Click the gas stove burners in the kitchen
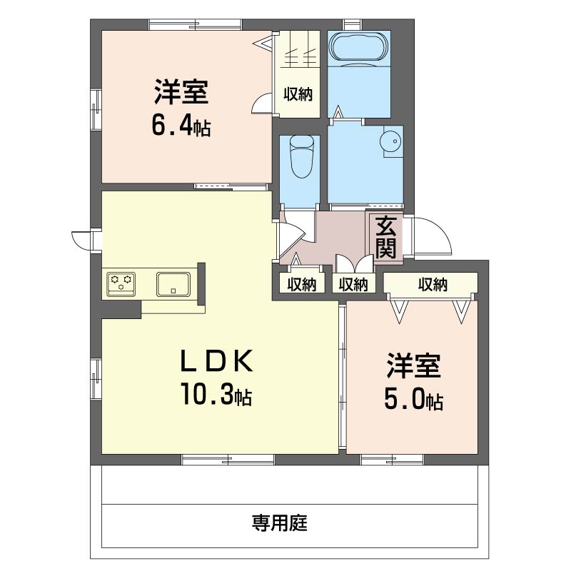pyautogui.click(x=121, y=283)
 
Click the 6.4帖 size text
pyautogui.click(x=180, y=126)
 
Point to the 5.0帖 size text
pyautogui.click(x=413, y=400)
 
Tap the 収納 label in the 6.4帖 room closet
pyautogui.click(x=298, y=94)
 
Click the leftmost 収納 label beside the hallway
pyautogui.click(x=301, y=285)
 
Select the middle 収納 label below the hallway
pyautogui.click(x=353, y=285)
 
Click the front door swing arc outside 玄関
pyautogui.click(x=433, y=237)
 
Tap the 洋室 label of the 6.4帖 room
pyautogui.click(x=181, y=93)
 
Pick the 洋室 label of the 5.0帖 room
pyautogui.click(x=413, y=367)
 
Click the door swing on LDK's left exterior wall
pyautogui.click(x=86, y=240)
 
